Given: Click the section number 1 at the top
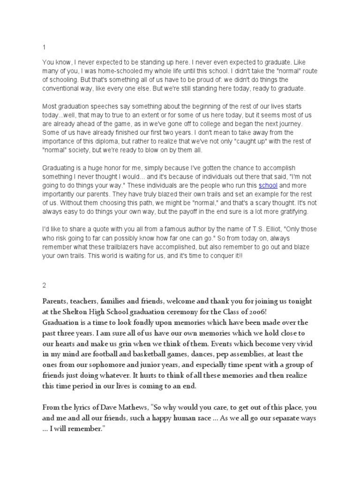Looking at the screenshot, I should [44, 47].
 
